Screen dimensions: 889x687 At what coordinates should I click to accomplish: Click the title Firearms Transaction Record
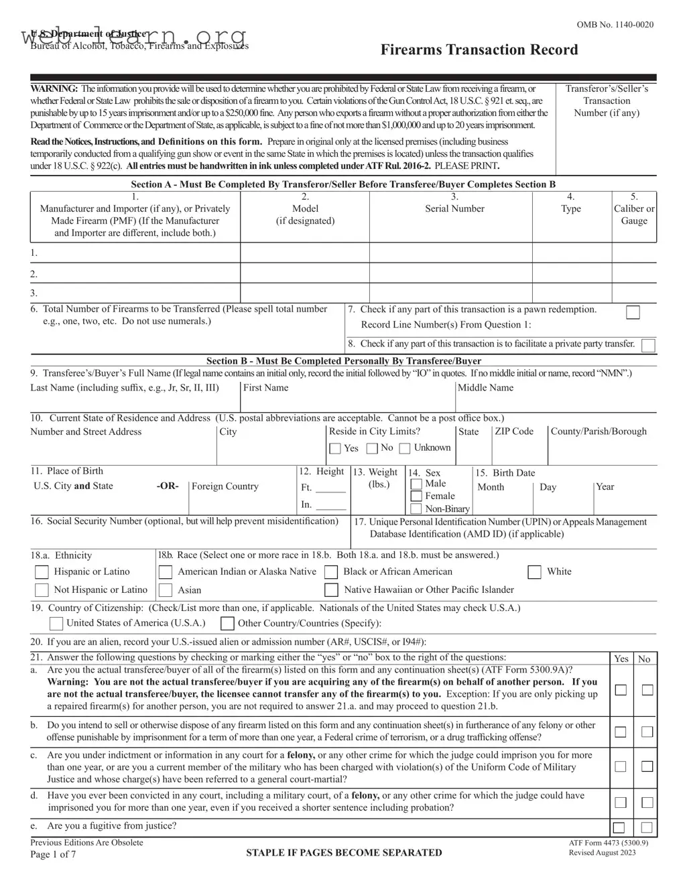[x=479, y=50]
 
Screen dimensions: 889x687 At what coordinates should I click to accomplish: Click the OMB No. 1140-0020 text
[x=615, y=25]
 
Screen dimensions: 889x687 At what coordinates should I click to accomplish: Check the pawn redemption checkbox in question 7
[x=632, y=312]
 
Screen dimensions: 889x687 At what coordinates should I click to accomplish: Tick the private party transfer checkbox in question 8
[x=647, y=345]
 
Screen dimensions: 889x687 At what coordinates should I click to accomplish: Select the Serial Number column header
[x=454, y=208]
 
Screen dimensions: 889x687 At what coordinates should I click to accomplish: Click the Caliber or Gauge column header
[x=633, y=214]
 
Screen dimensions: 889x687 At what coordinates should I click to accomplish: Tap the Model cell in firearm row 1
[x=305, y=253]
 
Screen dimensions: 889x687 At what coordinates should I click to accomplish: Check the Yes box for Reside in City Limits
[x=335, y=448]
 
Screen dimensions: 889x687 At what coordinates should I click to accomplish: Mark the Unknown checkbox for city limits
[x=405, y=448]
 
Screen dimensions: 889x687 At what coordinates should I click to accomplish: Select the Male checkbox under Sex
[x=416, y=484]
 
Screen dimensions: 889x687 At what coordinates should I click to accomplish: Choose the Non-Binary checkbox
[x=416, y=508]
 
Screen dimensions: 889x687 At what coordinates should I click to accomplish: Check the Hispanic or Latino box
[x=42, y=571]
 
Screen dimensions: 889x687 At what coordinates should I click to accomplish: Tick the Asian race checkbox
[x=165, y=590]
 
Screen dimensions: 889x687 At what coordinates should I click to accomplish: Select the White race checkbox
[x=534, y=571]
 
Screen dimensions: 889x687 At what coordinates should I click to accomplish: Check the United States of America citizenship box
[x=57, y=624]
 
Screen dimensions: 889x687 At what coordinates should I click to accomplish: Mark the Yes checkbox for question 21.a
[x=621, y=689]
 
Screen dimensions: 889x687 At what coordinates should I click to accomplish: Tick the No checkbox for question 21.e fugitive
[x=647, y=827]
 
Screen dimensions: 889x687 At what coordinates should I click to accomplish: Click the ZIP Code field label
[x=514, y=431]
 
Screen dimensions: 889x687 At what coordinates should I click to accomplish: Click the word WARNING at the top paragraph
[x=54, y=88]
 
